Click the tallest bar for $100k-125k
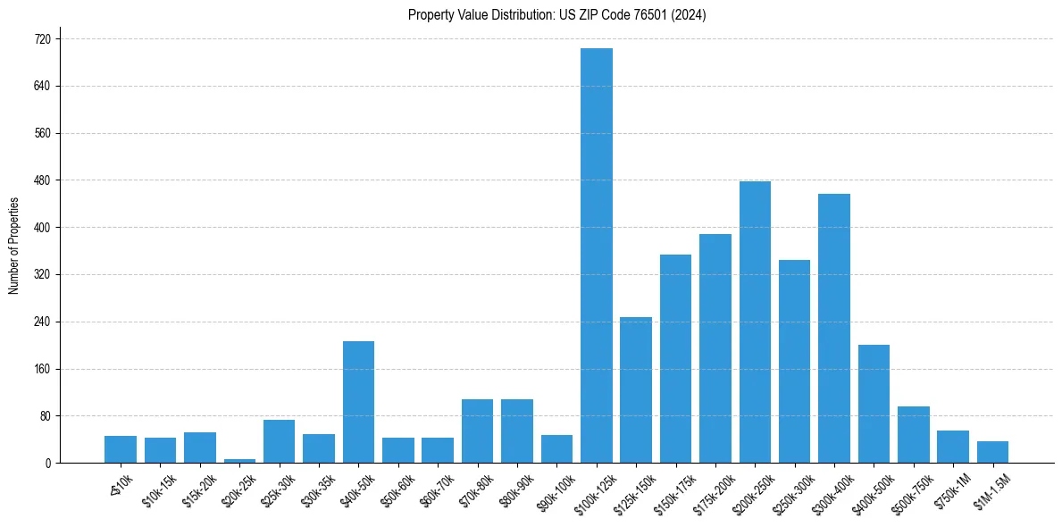click(x=597, y=255)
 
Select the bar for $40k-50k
click(x=358, y=402)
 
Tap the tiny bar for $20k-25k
click(x=239, y=460)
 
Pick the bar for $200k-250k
click(x=755, y=322)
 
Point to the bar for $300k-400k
click(x=834, y=328)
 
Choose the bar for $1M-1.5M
click(x=992, y=452)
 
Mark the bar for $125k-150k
click(x=636, y=389)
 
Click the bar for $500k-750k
click(x=914, y=434)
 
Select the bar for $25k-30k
click(x=279, y=441)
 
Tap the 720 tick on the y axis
click(x=43, y=39)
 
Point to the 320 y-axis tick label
click(x=43, y=275)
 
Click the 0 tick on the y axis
click(x=48, y=464)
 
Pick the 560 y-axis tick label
click(x=43, y=134)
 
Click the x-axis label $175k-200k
click(x=714, y=489)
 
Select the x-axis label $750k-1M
click(x=953, y=489)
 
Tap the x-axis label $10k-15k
click(x=159, y=489)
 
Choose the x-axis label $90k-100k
click(x=556, y=489)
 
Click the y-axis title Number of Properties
click(x=13, y=246)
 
